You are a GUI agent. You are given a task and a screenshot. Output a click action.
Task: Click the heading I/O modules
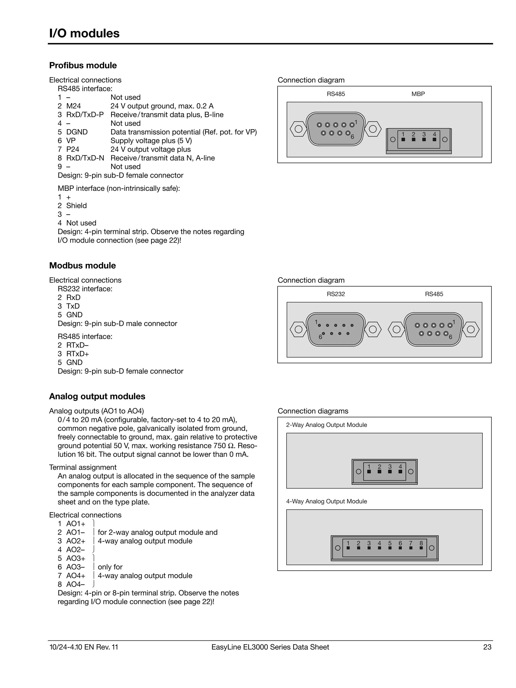pyautogui.click(x=84, y=33)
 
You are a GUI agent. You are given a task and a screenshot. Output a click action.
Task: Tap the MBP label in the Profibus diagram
pyautogui.click(x=418, y=94)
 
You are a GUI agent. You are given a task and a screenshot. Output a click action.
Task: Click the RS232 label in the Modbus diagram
pyautogui.click(x=336, y=294)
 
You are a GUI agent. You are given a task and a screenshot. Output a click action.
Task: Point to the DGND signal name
pyautogui.click(x=77, y=132)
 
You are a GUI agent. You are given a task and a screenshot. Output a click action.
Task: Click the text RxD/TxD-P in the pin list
pyautogui.click(x=85, y=115)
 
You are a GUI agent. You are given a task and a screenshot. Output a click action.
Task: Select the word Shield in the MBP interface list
pyautogui.click(x=76, y=206)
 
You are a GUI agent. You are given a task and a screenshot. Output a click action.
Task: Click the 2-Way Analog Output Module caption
pyautogui.click(x=326, y=425)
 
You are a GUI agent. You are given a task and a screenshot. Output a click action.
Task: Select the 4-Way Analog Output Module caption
pyautogui.click(x=326, y=501)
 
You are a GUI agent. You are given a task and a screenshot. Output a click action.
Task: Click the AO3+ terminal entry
pyautogui.click(x=75, y=558)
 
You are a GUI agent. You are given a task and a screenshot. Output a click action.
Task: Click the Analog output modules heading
pyautogui.click(x=97, y=396)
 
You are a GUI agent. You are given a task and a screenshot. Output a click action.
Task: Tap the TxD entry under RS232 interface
pyautogui.click(x=73, y=306)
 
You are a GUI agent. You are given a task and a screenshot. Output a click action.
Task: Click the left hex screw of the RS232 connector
pyautogui.click(x=298, y=329)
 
